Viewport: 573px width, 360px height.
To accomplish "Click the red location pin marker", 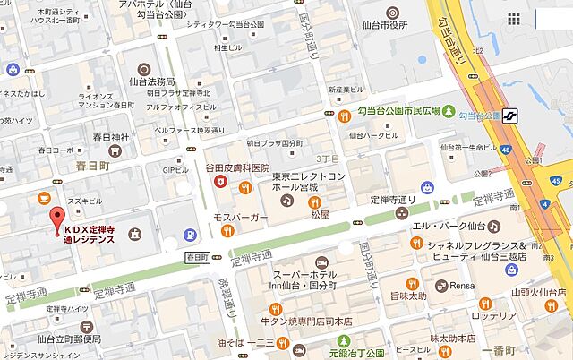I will (56, 217).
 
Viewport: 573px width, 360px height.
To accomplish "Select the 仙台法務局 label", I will (164, 81).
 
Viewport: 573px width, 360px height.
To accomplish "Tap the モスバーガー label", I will (235, 217).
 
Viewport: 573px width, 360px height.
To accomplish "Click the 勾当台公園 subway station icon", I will (513, 114).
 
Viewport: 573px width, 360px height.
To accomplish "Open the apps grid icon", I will (514, 19).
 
